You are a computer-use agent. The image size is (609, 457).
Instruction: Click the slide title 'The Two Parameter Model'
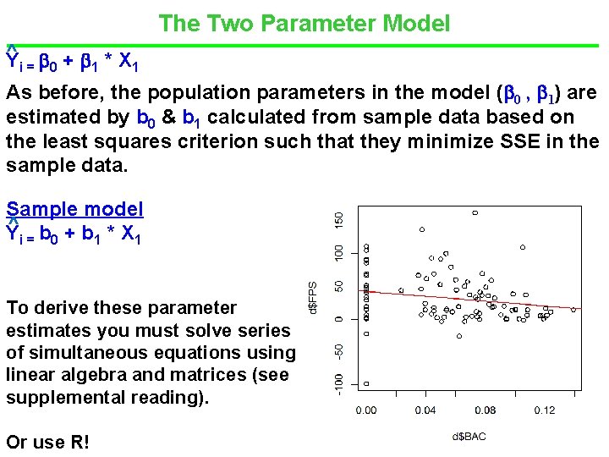click(x=304, y=23)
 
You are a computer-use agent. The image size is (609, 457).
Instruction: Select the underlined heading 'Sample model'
click(x=74, y=209)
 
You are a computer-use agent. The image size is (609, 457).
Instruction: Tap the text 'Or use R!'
click(x=47, y=442)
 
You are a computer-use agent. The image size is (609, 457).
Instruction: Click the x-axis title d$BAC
click(x=469, y=437)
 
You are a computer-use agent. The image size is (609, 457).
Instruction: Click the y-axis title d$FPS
click(x=313, y=297)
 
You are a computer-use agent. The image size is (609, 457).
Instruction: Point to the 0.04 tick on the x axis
click(x=425, y=410)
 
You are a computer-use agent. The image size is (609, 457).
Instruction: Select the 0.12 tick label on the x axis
click(x=545, y=410)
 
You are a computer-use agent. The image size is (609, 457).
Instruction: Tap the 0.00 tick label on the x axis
click(x=366, y=410)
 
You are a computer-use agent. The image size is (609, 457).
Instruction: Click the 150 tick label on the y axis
click(x=339, y=218)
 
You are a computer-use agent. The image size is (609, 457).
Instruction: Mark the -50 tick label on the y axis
click(x=339, y=350)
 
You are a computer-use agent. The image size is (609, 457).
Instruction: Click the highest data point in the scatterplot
click(x=475, y=212)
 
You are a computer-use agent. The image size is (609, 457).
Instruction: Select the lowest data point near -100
click(x=366, y=383)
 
